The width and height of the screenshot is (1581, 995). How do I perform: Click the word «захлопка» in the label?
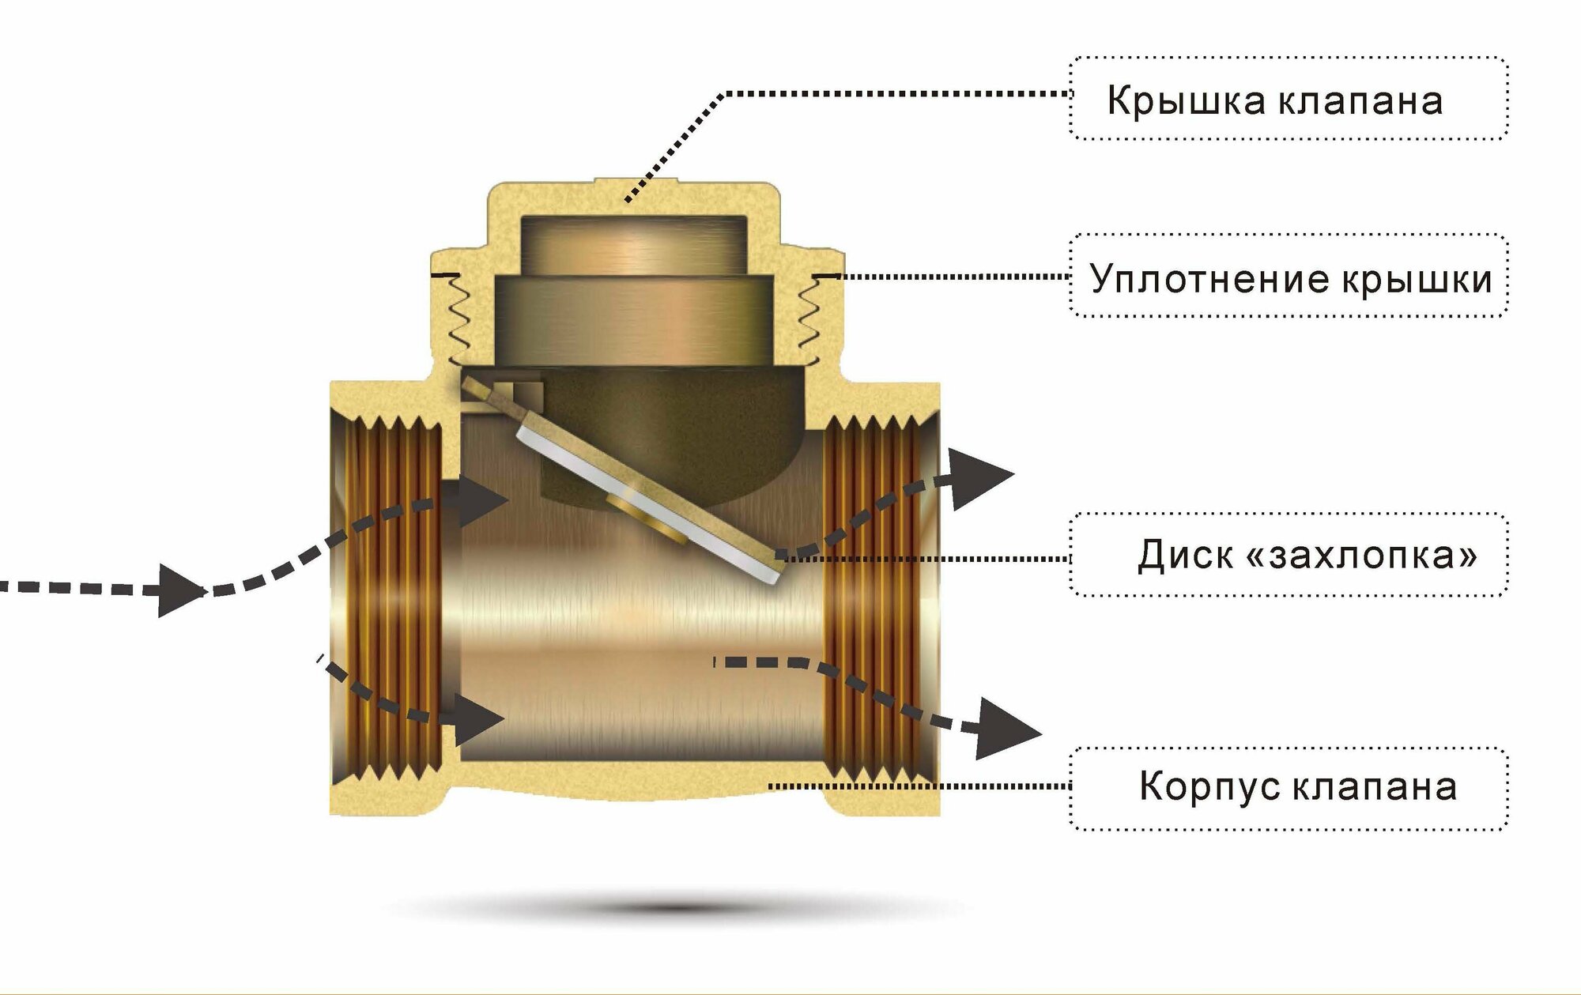point(1360,554)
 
